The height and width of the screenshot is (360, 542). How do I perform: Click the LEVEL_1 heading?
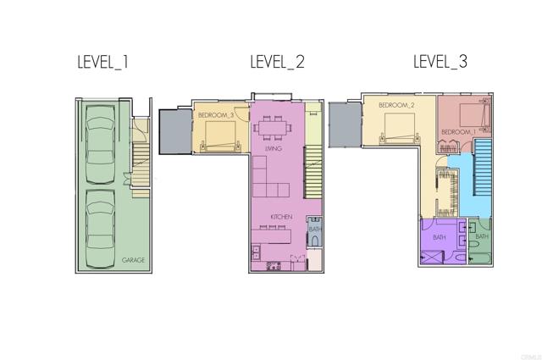pos(102,62)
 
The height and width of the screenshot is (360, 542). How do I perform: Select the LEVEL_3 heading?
pos(440,62)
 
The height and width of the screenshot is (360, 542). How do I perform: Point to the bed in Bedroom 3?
pos(219,136)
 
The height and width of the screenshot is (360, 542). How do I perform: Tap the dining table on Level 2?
pos(271,129)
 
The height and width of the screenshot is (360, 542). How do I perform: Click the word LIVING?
pos(273,149)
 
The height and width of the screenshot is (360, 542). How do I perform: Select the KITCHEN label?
pos(281,217)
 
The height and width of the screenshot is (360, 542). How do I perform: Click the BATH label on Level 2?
pos(314,229)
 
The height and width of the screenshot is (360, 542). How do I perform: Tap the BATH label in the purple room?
pos(439,238)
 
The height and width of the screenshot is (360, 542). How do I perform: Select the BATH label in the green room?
pos(481,236)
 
